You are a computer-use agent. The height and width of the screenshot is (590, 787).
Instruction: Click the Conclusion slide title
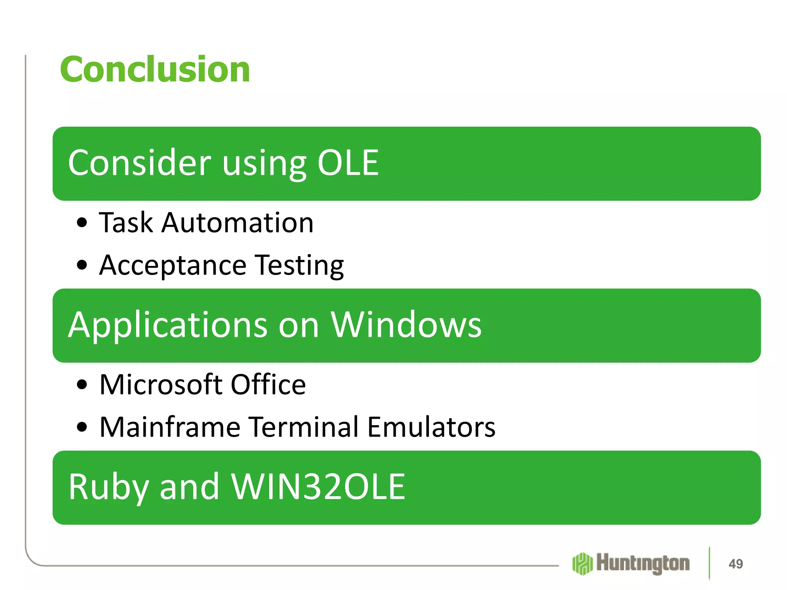click(x=155, y=70)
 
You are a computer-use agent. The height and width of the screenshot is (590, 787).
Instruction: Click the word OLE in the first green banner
click(x=348, y=163)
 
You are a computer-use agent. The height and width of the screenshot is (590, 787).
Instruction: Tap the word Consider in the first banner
click(x=139, y=163)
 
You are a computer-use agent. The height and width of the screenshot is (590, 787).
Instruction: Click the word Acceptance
click(x=173, y=265)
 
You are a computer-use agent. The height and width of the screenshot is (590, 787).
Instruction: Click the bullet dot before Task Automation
click(x=82, y=223)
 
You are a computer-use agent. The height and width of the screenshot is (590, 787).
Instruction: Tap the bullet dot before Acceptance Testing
click(x=82, y=265)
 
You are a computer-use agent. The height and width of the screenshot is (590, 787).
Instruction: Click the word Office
click(x=268, y=384)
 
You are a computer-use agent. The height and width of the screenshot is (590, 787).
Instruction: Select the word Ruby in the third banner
click(x=108, y=487)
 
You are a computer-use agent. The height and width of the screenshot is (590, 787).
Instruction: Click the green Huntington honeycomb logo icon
click(x=582, y=564)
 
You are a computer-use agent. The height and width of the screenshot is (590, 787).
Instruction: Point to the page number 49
click(x=736, y=564)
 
